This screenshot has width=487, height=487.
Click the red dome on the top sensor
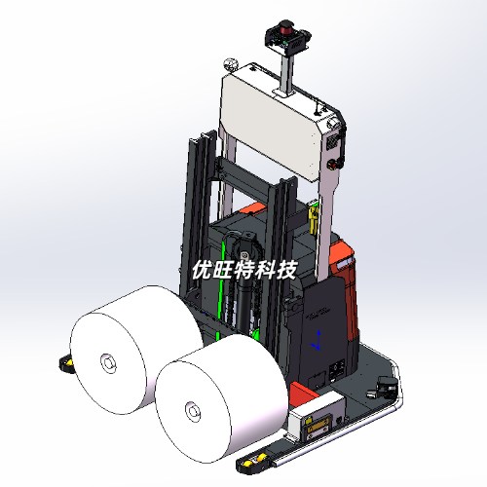pyautogui.click(x=285, y=25)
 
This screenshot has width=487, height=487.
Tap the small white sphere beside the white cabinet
pyautogui.click(x=231, y=63)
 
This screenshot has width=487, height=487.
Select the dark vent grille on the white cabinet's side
pyautogui.click(x=331, y=141)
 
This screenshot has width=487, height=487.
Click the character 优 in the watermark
pyautogui.click(x=202, y=270)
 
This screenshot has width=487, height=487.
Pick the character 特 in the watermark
pyautogui.click(x=243, y=270)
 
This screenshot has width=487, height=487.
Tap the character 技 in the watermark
pyautogui.click(x=286, y=270)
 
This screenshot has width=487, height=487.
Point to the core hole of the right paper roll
pyautogui.click(x=193, y=411)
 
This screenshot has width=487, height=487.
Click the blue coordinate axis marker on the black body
pyautogui.click(x=318, y=340)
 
